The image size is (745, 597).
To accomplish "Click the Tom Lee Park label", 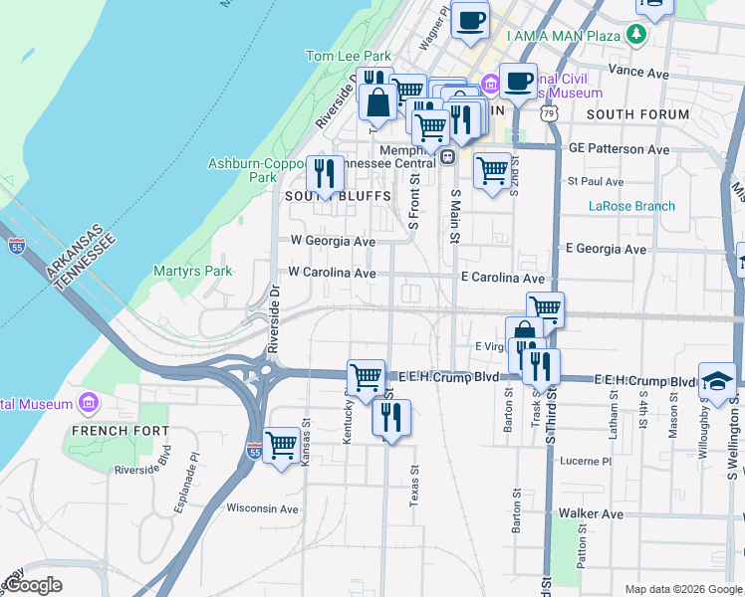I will [349, 57].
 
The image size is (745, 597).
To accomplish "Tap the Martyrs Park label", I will [192, 271].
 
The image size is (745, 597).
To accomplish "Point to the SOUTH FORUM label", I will [637, 114].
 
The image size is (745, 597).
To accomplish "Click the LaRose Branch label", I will [631, 206].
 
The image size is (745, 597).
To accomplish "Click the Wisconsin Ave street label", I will [263, 508].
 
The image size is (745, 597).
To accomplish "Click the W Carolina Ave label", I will [332, 272].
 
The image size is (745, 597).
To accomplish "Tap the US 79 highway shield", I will [550, 114].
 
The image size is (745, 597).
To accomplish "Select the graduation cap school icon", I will [717, 380].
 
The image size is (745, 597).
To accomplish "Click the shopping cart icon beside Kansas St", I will [282, 445].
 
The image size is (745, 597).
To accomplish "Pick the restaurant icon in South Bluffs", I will [325, 174].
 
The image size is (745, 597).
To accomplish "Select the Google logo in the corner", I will [33, 585].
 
